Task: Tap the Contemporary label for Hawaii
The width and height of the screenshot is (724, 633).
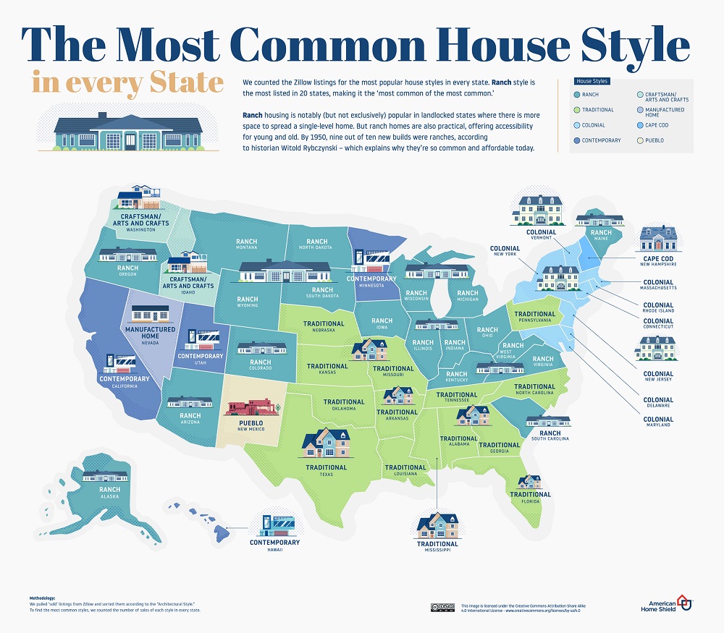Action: point(274,543)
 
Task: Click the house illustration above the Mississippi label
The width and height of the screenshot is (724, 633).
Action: point(437,524)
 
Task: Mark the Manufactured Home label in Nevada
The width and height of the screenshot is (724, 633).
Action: point(150,334)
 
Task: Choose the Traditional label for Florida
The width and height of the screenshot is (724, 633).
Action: point(530,495)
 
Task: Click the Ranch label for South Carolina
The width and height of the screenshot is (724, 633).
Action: point(550,433)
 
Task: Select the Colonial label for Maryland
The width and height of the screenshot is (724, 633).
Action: point(658,420)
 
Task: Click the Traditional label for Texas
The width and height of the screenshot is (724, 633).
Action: point(326,467)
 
